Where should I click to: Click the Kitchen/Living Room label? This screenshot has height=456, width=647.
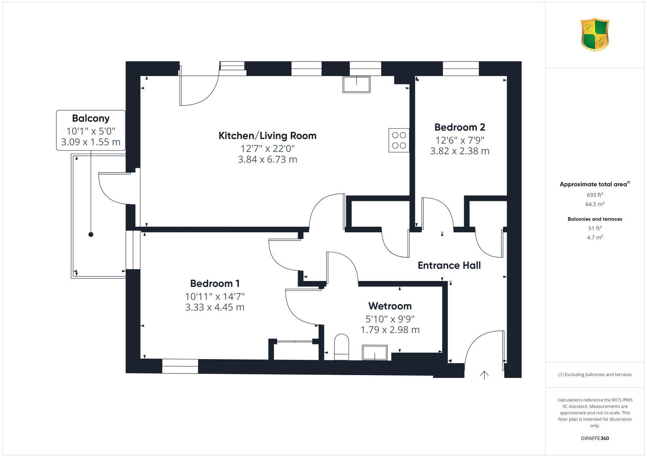[x=267, y=136]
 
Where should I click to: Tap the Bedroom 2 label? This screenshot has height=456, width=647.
[x=459, y=127]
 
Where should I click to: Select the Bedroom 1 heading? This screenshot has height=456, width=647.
[x=215, y=283]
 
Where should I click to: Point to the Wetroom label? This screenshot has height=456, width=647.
[x=390, y=306]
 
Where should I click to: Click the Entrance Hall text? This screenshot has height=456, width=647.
[x=449, y=266]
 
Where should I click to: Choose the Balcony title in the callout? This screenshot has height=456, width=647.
[x=91, y=118]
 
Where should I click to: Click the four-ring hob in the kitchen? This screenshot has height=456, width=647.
[x=399, y=140]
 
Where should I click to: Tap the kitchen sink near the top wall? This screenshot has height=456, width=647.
[x=356, y=84]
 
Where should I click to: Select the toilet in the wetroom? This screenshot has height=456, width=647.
[x=342, y=346]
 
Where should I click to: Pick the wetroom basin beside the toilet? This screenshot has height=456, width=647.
[x=374, y=352]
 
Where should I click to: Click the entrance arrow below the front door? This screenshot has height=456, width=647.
[x=484, y=375]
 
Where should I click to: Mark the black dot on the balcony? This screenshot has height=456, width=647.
[x=91, y=234]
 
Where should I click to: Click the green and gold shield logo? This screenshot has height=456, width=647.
[x=594, y=35]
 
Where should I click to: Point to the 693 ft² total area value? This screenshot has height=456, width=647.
[x=594, y=195]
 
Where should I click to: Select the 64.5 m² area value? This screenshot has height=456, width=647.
[x=594, y=204]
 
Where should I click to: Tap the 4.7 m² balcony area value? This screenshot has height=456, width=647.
[x=594, y=238]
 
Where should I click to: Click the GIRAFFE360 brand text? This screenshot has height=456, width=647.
[x=594, y=438]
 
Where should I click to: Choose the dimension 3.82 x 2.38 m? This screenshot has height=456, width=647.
[x=459, y=151]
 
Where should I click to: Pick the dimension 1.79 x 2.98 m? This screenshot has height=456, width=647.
[x=390, y=330]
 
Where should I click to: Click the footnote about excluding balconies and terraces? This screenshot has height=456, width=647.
[x=594, y=375]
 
